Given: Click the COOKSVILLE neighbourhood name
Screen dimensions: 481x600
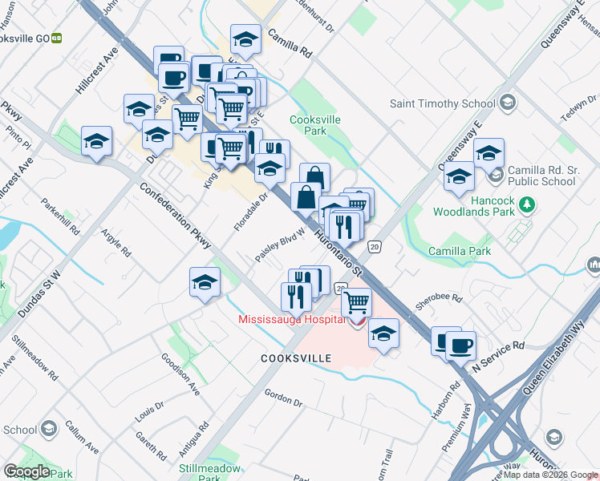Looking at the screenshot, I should coord(296,358).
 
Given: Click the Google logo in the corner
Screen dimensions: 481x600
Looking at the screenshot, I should coord(26,471).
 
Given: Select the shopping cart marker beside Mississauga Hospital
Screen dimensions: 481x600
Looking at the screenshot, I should coord(356,303).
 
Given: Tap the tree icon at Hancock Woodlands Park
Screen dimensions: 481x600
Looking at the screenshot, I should coord(526,204).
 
